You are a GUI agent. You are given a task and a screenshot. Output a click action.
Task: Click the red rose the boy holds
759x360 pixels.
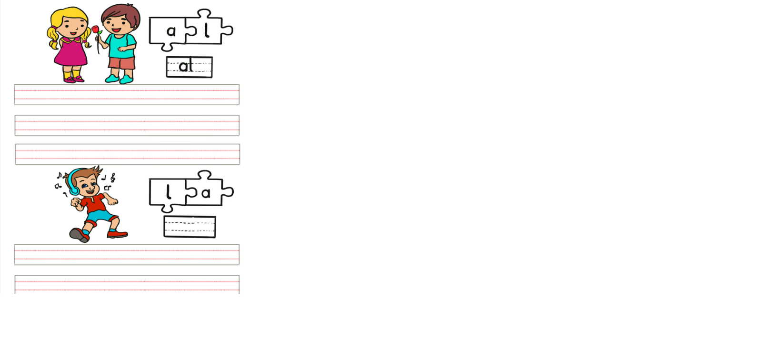[x=96, y=30]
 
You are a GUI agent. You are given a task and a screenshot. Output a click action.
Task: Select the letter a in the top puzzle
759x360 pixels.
[x=171, y=31]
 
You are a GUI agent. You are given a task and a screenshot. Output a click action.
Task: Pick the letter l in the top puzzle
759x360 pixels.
[x=207, y=31]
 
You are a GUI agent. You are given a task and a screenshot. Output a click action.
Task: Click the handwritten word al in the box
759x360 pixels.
[x=186, y=66]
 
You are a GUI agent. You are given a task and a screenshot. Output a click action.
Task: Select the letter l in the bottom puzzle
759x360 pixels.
[x=168, y=192]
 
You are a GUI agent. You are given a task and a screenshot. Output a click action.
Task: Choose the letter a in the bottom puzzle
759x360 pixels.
[x=206, y=193]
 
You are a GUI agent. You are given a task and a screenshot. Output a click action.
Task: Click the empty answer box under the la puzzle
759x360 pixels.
[x=190, y=227]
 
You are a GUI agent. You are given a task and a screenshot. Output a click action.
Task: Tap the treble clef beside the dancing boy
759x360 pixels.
[x=113, y=178]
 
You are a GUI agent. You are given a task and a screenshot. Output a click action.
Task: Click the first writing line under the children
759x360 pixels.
[x=127, y=95]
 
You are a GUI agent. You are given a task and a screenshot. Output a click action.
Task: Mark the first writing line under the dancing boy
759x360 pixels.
[x=127, y=255]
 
